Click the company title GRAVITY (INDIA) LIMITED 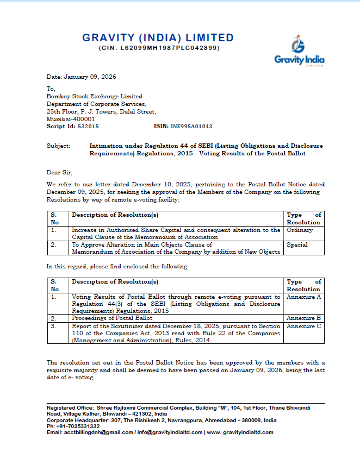pyautogui.click(x=158, y=38)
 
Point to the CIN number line pyautogui.click(x=158, y=48)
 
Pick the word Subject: pyautogui.click(x=59, y=146)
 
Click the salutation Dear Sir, pyautogui.click(x=59, y=173)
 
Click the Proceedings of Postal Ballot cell pyautogui.click(x=112, y=317)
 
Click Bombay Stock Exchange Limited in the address pyautogui.click(x=95, y=96)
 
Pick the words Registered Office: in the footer pyautogui.click(x=69, y=407)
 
